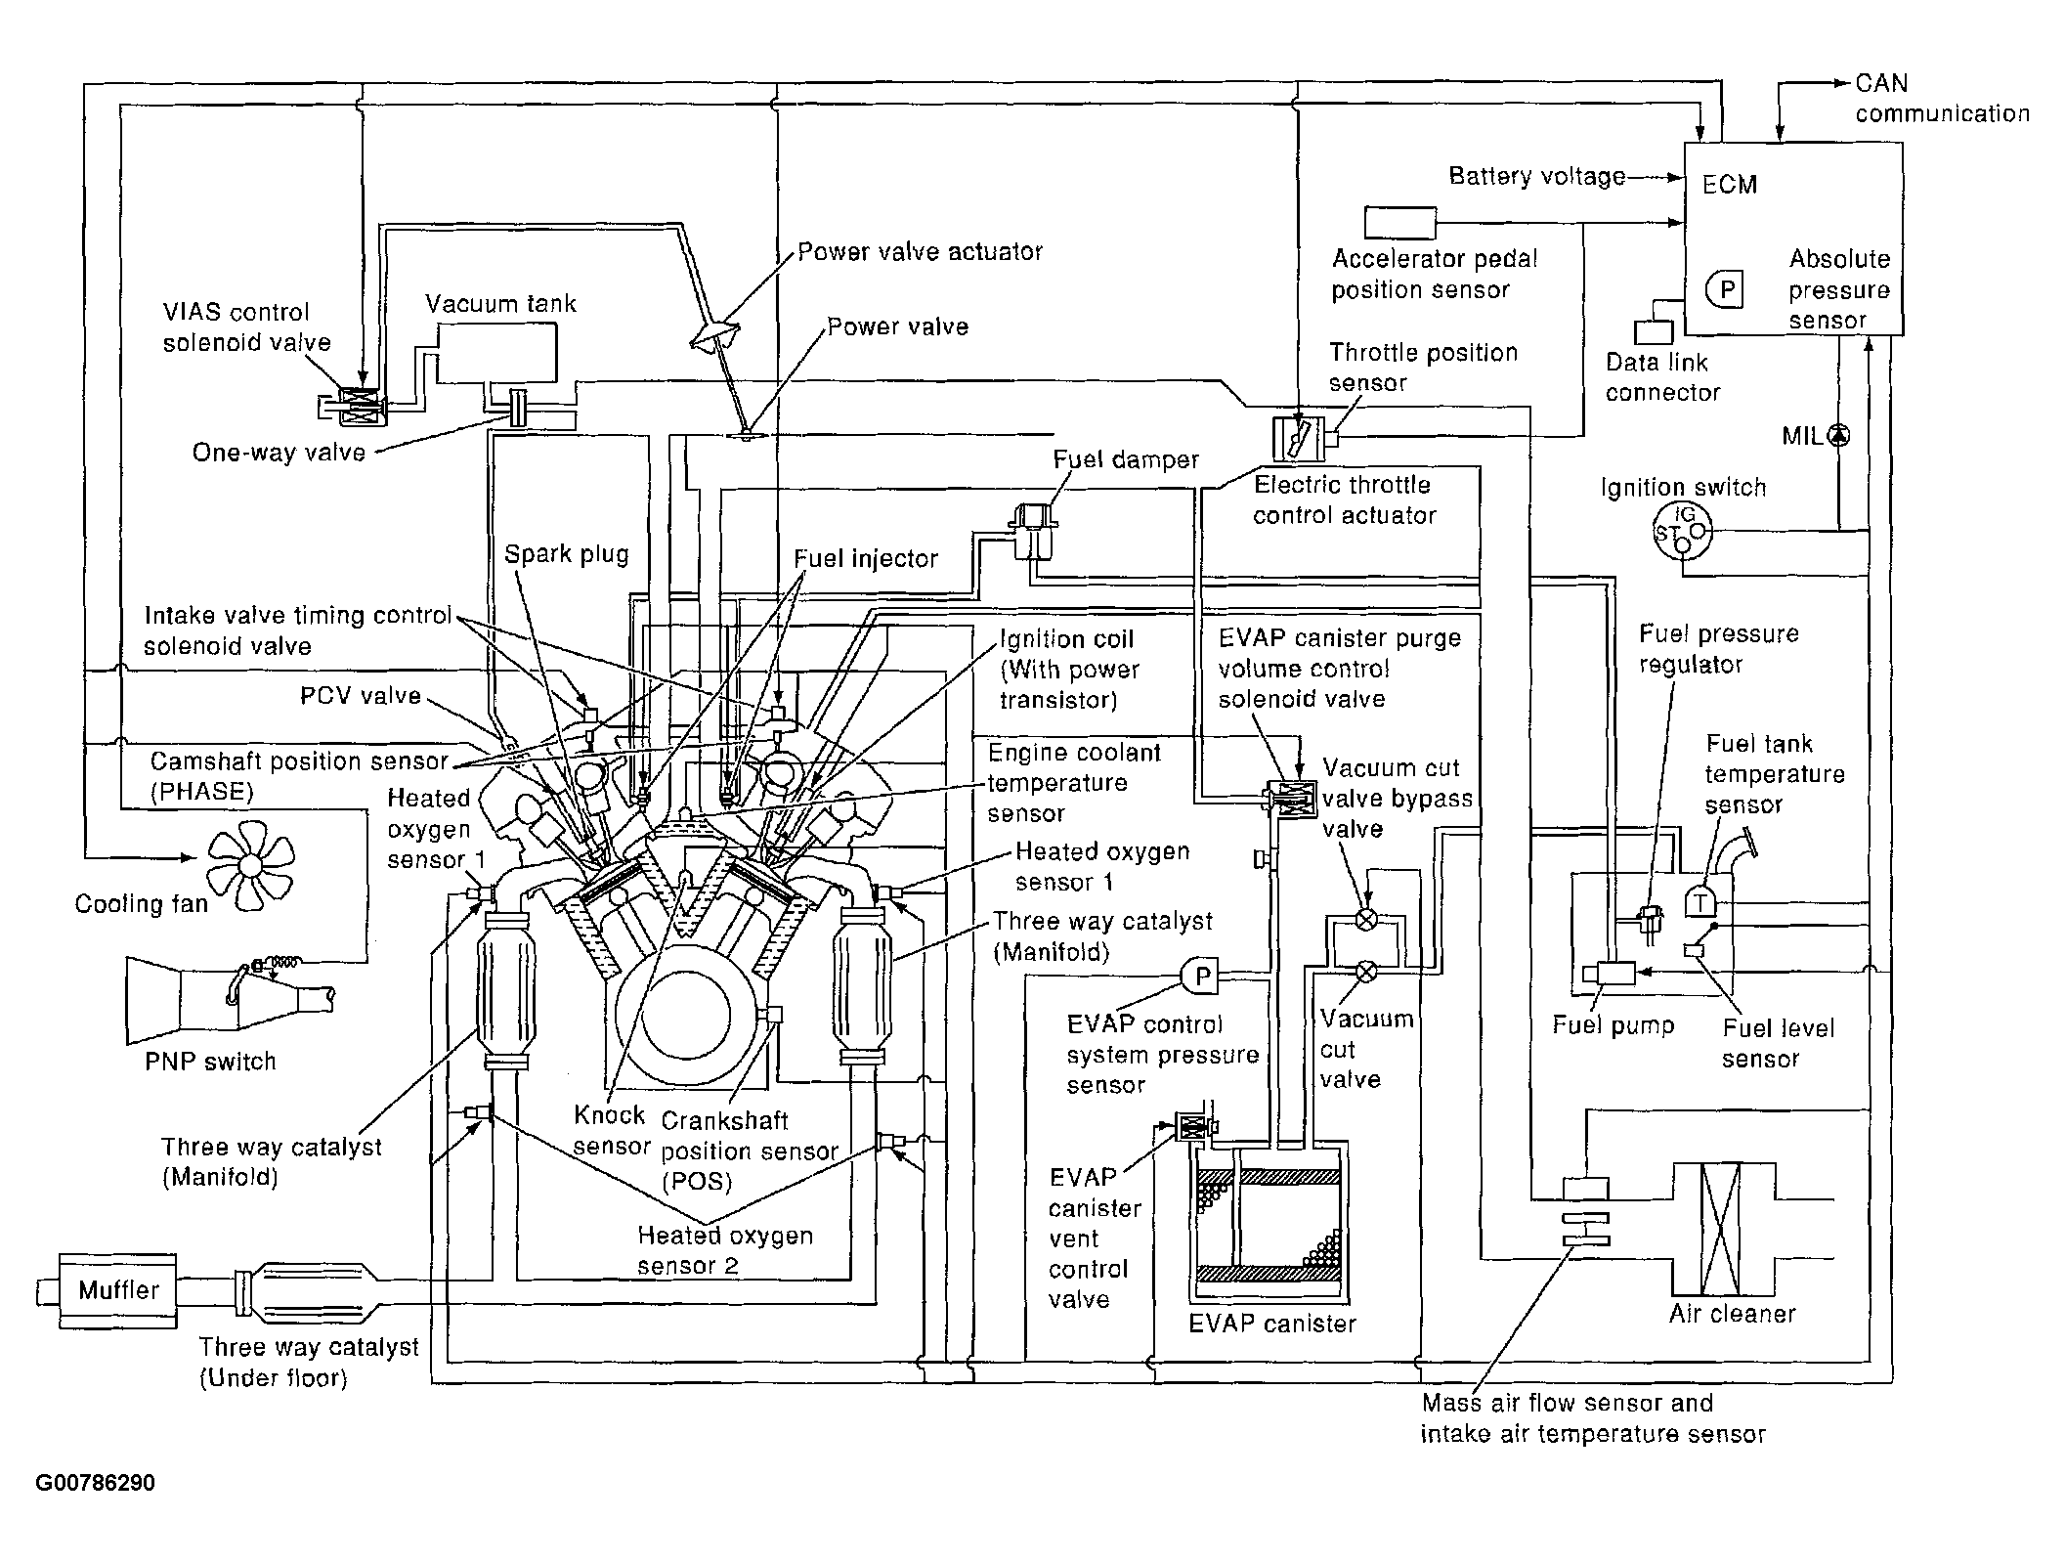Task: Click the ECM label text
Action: click(x=1730, y=185)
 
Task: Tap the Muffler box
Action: click(x=117, y=1291)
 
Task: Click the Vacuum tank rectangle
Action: click(x=497, y=353)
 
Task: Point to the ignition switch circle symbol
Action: click(x=1682, y=533)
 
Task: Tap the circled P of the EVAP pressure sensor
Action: click(x=1202, y=976)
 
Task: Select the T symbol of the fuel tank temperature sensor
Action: click(x=1701, y=901)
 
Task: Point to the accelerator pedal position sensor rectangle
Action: click(x=1400, y=223)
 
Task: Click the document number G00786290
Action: click(x=96, y=1483)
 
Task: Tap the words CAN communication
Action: click(x=1942, y=99)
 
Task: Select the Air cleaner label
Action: click(x=1732, y=1314)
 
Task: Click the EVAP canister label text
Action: click(x=1272, y=1324)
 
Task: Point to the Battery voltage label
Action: click(x=1536, y=176)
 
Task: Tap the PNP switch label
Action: click(x=210, y=1062)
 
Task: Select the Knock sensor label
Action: click(x=612, y=1130)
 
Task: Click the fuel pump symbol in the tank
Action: click(x=1609, y=974)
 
